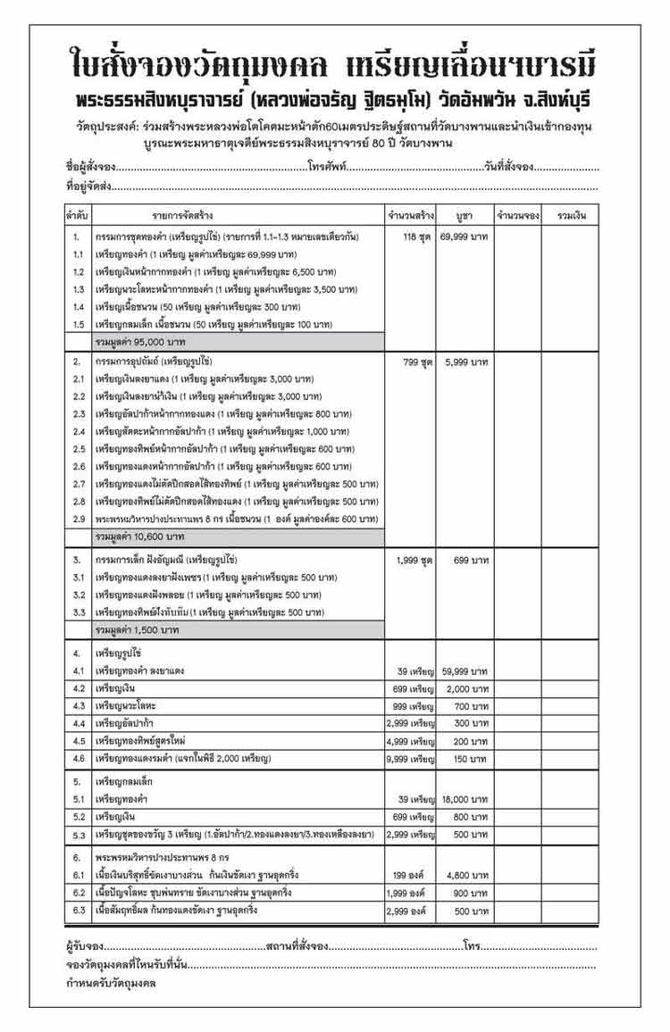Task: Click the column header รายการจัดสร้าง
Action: tap(182, 216)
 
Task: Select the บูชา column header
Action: tap(464, 216)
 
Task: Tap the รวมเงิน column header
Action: tap(572, 216)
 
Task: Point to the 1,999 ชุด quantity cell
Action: tap(414, 560)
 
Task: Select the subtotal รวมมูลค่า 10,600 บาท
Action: tap(140, 537)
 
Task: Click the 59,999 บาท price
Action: tap(464, 670)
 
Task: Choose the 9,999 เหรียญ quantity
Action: tap(410, 758)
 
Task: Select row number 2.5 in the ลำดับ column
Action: tap(78, 449)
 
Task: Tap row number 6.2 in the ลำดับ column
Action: tap(78, 893)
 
